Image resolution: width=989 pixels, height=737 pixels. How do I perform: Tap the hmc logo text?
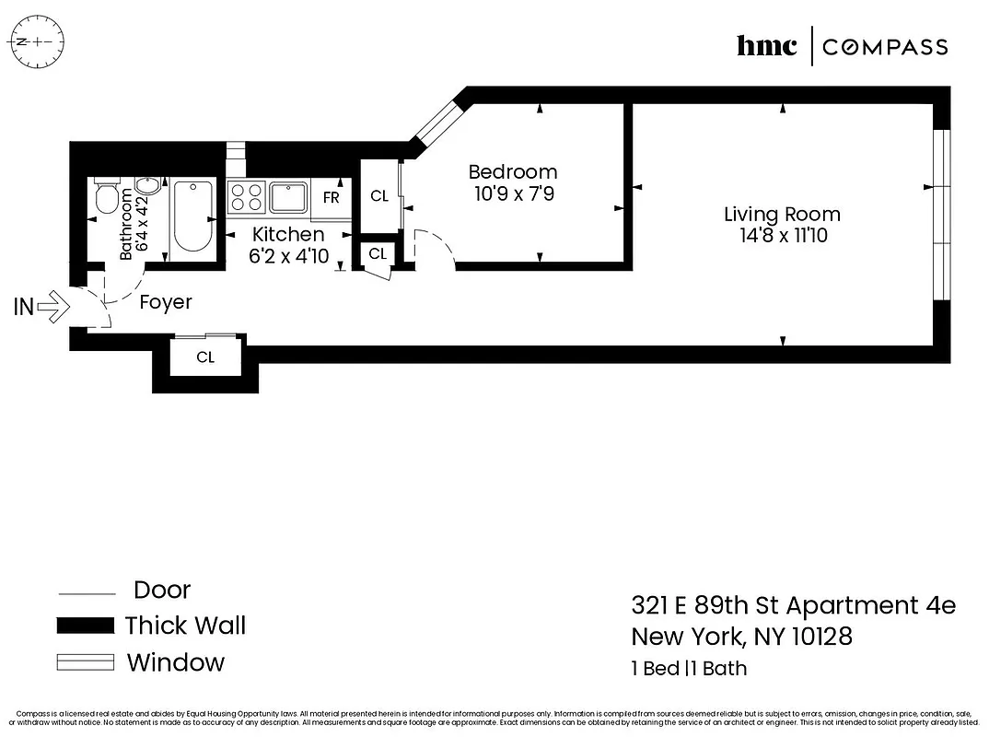point(766,46)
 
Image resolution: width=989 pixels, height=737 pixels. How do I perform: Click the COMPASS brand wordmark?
point(884,47)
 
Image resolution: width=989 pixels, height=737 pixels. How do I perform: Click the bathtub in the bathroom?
point(192,217)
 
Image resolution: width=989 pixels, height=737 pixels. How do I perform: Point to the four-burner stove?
point(247,196)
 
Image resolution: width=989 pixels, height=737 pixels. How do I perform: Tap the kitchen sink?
point(288,196)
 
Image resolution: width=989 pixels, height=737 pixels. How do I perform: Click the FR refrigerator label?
point(331,197)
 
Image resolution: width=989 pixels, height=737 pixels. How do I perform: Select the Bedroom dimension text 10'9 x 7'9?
point(512,194)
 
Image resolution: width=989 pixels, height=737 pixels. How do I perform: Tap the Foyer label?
point(166,302)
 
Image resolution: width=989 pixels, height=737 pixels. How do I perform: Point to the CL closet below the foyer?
point(205,357)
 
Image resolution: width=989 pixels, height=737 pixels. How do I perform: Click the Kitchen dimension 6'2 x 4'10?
point(288,257)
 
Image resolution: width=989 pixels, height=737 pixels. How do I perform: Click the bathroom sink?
point(144,187)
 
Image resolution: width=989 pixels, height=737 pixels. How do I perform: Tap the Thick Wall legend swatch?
point(86,626)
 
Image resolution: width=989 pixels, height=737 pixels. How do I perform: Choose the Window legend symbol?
point(86,662)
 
